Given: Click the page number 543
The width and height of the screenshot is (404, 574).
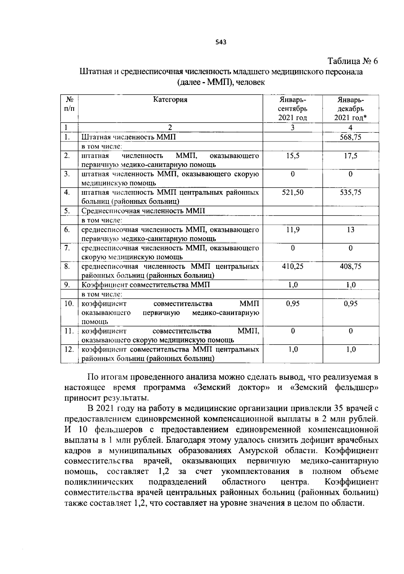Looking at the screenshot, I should pyautogui.click(x=221, y=42).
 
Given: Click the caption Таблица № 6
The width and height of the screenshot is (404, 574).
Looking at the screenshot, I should pyautogui.click(x=353, y=61).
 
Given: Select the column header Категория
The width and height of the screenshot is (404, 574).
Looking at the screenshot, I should pyautogui.click(x=170, y=99).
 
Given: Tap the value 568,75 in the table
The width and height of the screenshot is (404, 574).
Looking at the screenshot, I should pyautogui.click(x=350, y=137).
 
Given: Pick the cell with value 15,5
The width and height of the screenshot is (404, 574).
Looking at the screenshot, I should pyautogui.click(x=293, y=156).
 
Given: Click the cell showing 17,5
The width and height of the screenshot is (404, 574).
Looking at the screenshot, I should pyautogui.click(x=350, y=156).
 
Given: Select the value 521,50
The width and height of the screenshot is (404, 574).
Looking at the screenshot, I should pyautogui.click(x=293, y=192).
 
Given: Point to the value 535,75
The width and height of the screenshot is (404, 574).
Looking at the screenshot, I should pyautogui.click(x=350, y=192).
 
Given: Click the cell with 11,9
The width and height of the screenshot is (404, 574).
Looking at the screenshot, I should pyautogui.click(x=293, y=230).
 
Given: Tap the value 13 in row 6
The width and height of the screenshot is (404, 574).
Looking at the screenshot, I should pyautogui.click(x=350, y=230).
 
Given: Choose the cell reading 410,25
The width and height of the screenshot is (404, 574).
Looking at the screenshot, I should pyautogui.click(x=293, y=266).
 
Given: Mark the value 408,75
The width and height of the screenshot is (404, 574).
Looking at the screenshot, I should pyautogui.click(x=350, y=266).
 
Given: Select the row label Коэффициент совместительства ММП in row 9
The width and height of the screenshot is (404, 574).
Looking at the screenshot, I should pyautogui.click(x=146, y=285).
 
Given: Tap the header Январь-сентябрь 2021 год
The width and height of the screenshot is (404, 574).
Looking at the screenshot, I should pyautogui.click(x=293, y=109).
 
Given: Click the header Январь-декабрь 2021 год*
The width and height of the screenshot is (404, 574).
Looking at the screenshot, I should pyautogui.click(x=350, y=109).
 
